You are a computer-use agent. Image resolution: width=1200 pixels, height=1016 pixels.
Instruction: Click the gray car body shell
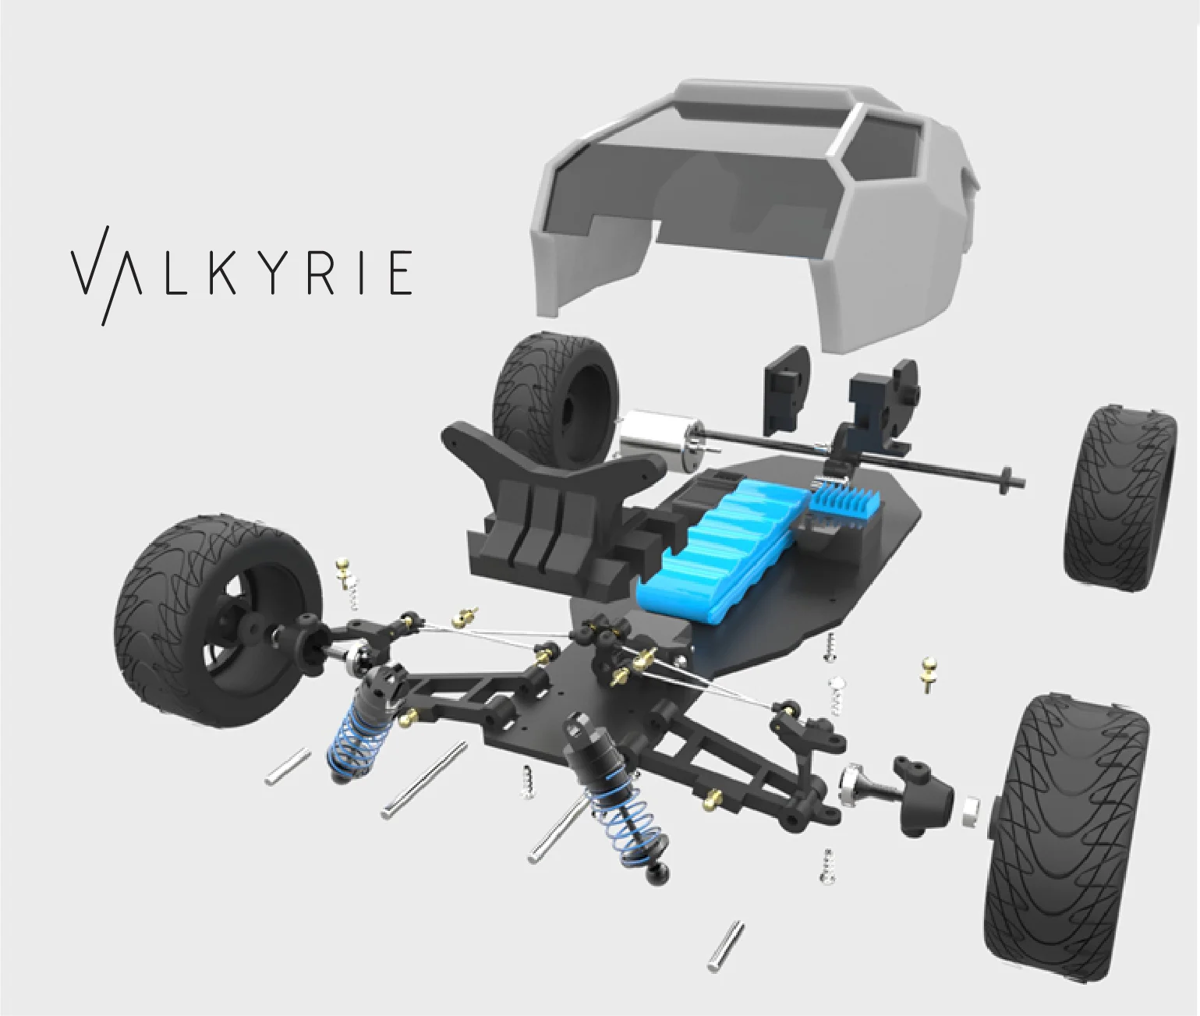click(755, 214)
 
